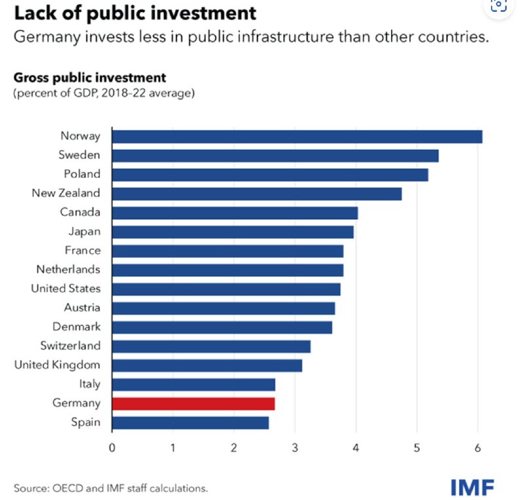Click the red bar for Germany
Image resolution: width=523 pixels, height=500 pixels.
[194, 403]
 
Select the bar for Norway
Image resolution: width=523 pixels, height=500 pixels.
[297, 136]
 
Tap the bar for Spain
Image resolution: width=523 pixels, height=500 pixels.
[190, 422]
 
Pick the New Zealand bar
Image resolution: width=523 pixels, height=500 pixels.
[257, 193]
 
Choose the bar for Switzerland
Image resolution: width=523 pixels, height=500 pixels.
[211, 346]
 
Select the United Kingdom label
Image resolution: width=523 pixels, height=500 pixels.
[58, 365]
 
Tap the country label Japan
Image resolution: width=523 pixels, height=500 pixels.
[84, 231]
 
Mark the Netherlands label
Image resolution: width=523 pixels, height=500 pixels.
[69, 269]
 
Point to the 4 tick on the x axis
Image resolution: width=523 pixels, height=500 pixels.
[356, 448]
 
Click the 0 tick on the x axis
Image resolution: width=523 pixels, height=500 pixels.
[112, 448]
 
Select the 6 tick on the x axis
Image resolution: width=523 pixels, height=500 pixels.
[478, 448]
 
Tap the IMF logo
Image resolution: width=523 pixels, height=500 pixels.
[472, 486]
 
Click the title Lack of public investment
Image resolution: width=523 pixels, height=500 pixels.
[135, 12]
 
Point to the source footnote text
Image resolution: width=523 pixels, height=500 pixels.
[110, 488]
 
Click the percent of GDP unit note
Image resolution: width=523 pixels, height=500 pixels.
[104, 94]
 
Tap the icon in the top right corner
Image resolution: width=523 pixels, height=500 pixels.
[499, 5]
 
